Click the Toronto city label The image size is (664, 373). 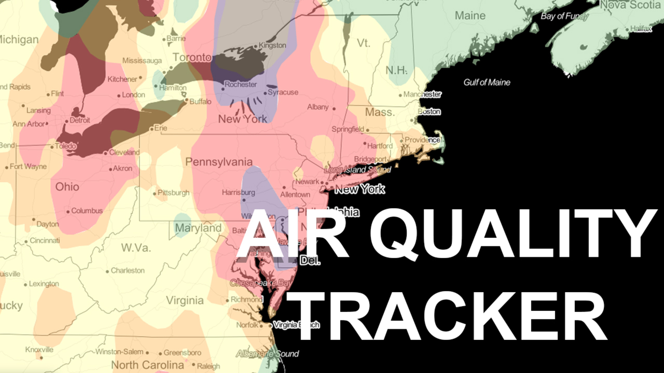pyautogui.click(x=192, y=57)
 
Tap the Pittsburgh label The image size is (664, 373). pyautogui.click(x=173, y=193)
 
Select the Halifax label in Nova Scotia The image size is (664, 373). pyautogui.click(x=641, y=29)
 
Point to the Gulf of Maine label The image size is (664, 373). pyautogui.click(x=486, y=82)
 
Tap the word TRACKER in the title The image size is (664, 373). pyautogui.click(x=450, y=316)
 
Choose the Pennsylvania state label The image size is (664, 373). pyautogui.click(x=219, y=162)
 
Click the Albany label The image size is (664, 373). pyautogui.click(x=318, y=107)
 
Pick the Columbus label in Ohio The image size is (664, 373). pyautogui.click(x=87, y=211)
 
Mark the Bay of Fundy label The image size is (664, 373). pyautogui.click(x=564, y=16)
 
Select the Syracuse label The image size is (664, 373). pyautogui.click(x=283, y=92)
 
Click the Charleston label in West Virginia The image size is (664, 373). pyautogui.click(x=127, y=271)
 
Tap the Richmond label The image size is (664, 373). pyautogui.click(x=247, y=299)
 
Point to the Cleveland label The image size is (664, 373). pyautogui.click(x=124, y=152)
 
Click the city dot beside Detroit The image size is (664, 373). pyautogui.click(x=66, y=121)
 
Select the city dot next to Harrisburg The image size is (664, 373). pyautogui.click(x=244, y=200)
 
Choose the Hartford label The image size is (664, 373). pyautogui.click(x=380, y=146)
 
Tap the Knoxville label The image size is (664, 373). pyautogui.click(x=39, y=349)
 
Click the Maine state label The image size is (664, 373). pyautogui.click(x=470, y=16)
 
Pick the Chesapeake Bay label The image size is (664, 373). pyautogui.click(x=260, y=283)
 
